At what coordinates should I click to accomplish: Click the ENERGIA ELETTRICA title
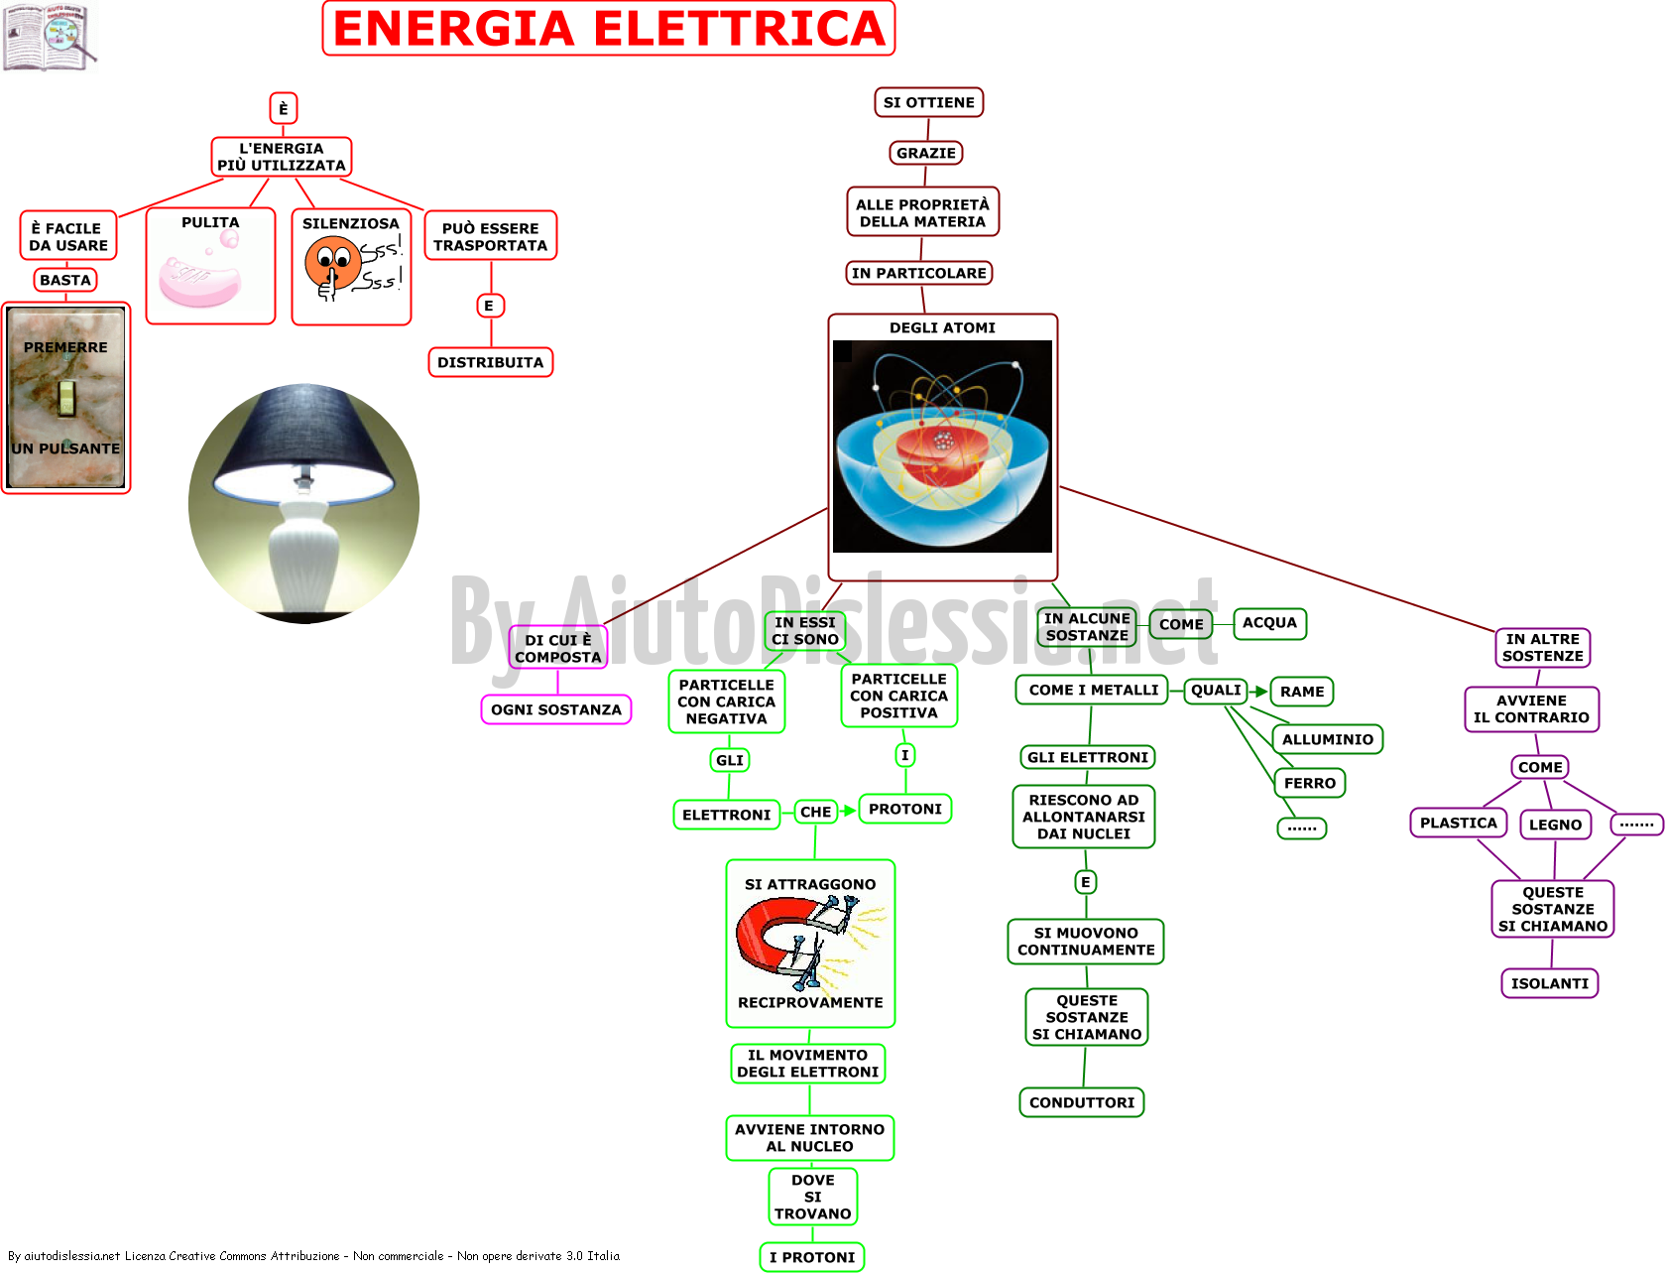click(608, 28)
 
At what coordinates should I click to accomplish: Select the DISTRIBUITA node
click(490, 362)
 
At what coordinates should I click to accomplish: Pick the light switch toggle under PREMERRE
click(66, 398)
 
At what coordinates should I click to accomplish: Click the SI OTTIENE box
click(928, 102)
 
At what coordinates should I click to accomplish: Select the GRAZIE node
click(926, 153)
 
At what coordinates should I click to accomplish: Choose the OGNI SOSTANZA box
click(555, 709)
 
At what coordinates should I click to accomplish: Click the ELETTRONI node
click(726, 814)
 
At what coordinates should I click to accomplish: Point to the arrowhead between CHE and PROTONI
click(849, 811)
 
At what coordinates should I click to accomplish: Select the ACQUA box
click(1269, 622)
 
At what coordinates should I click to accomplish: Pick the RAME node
click(1302, 691)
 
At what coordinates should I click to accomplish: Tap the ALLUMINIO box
click(1328, 738)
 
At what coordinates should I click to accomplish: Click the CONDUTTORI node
click(1082, 1101)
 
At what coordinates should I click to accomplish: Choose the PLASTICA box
click(1458, 823)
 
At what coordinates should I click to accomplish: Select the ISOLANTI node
click(1549, 983)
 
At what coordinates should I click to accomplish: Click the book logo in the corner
click(51, 36)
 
